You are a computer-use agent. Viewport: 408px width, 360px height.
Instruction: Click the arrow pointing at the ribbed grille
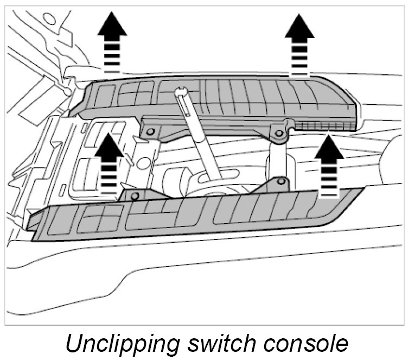[x=329, y=166]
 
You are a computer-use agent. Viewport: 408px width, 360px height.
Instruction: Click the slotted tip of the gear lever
[x=181, y=93]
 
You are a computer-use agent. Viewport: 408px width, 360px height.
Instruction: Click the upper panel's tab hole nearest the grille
[x=279, y=132]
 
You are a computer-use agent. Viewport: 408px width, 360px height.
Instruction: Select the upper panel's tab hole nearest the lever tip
[x=150, y=131]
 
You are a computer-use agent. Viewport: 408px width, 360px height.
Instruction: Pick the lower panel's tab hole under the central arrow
[x=135, y=194]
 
